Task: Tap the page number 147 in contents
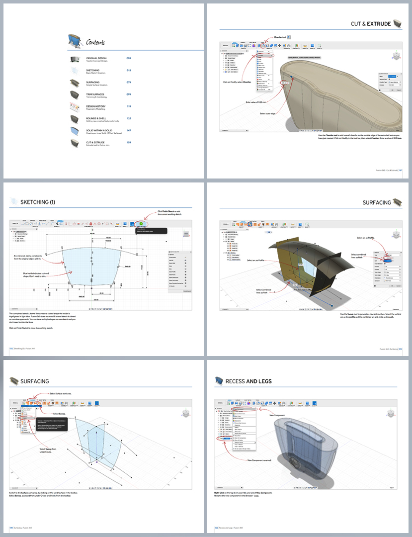129,130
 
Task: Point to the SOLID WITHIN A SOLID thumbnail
75,131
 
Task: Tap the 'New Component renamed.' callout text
259,460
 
